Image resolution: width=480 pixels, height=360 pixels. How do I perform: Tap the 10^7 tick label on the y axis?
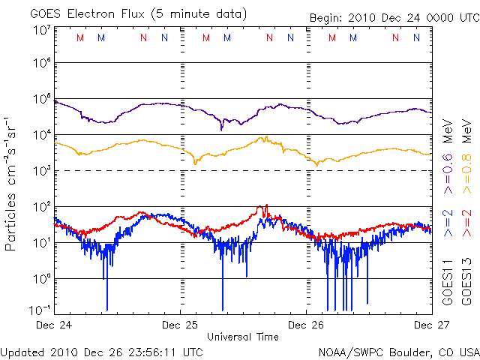(x=41, y=30)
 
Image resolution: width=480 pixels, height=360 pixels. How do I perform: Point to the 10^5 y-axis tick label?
(x=41, y=100)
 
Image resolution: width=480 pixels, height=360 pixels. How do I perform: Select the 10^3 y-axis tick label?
(x=41, y=171)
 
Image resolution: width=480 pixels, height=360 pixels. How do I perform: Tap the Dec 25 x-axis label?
(x=181, y=325)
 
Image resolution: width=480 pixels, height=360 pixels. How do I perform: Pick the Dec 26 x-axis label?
(x=306, y=325)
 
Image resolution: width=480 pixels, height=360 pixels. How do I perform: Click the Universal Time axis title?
(x=243, y=337)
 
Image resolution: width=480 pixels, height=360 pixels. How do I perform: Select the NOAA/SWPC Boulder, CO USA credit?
(x=398, y=351)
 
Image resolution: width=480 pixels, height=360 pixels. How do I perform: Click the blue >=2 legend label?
(x=447, y=224)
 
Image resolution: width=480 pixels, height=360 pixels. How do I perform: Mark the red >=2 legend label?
(x=466, y=224)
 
